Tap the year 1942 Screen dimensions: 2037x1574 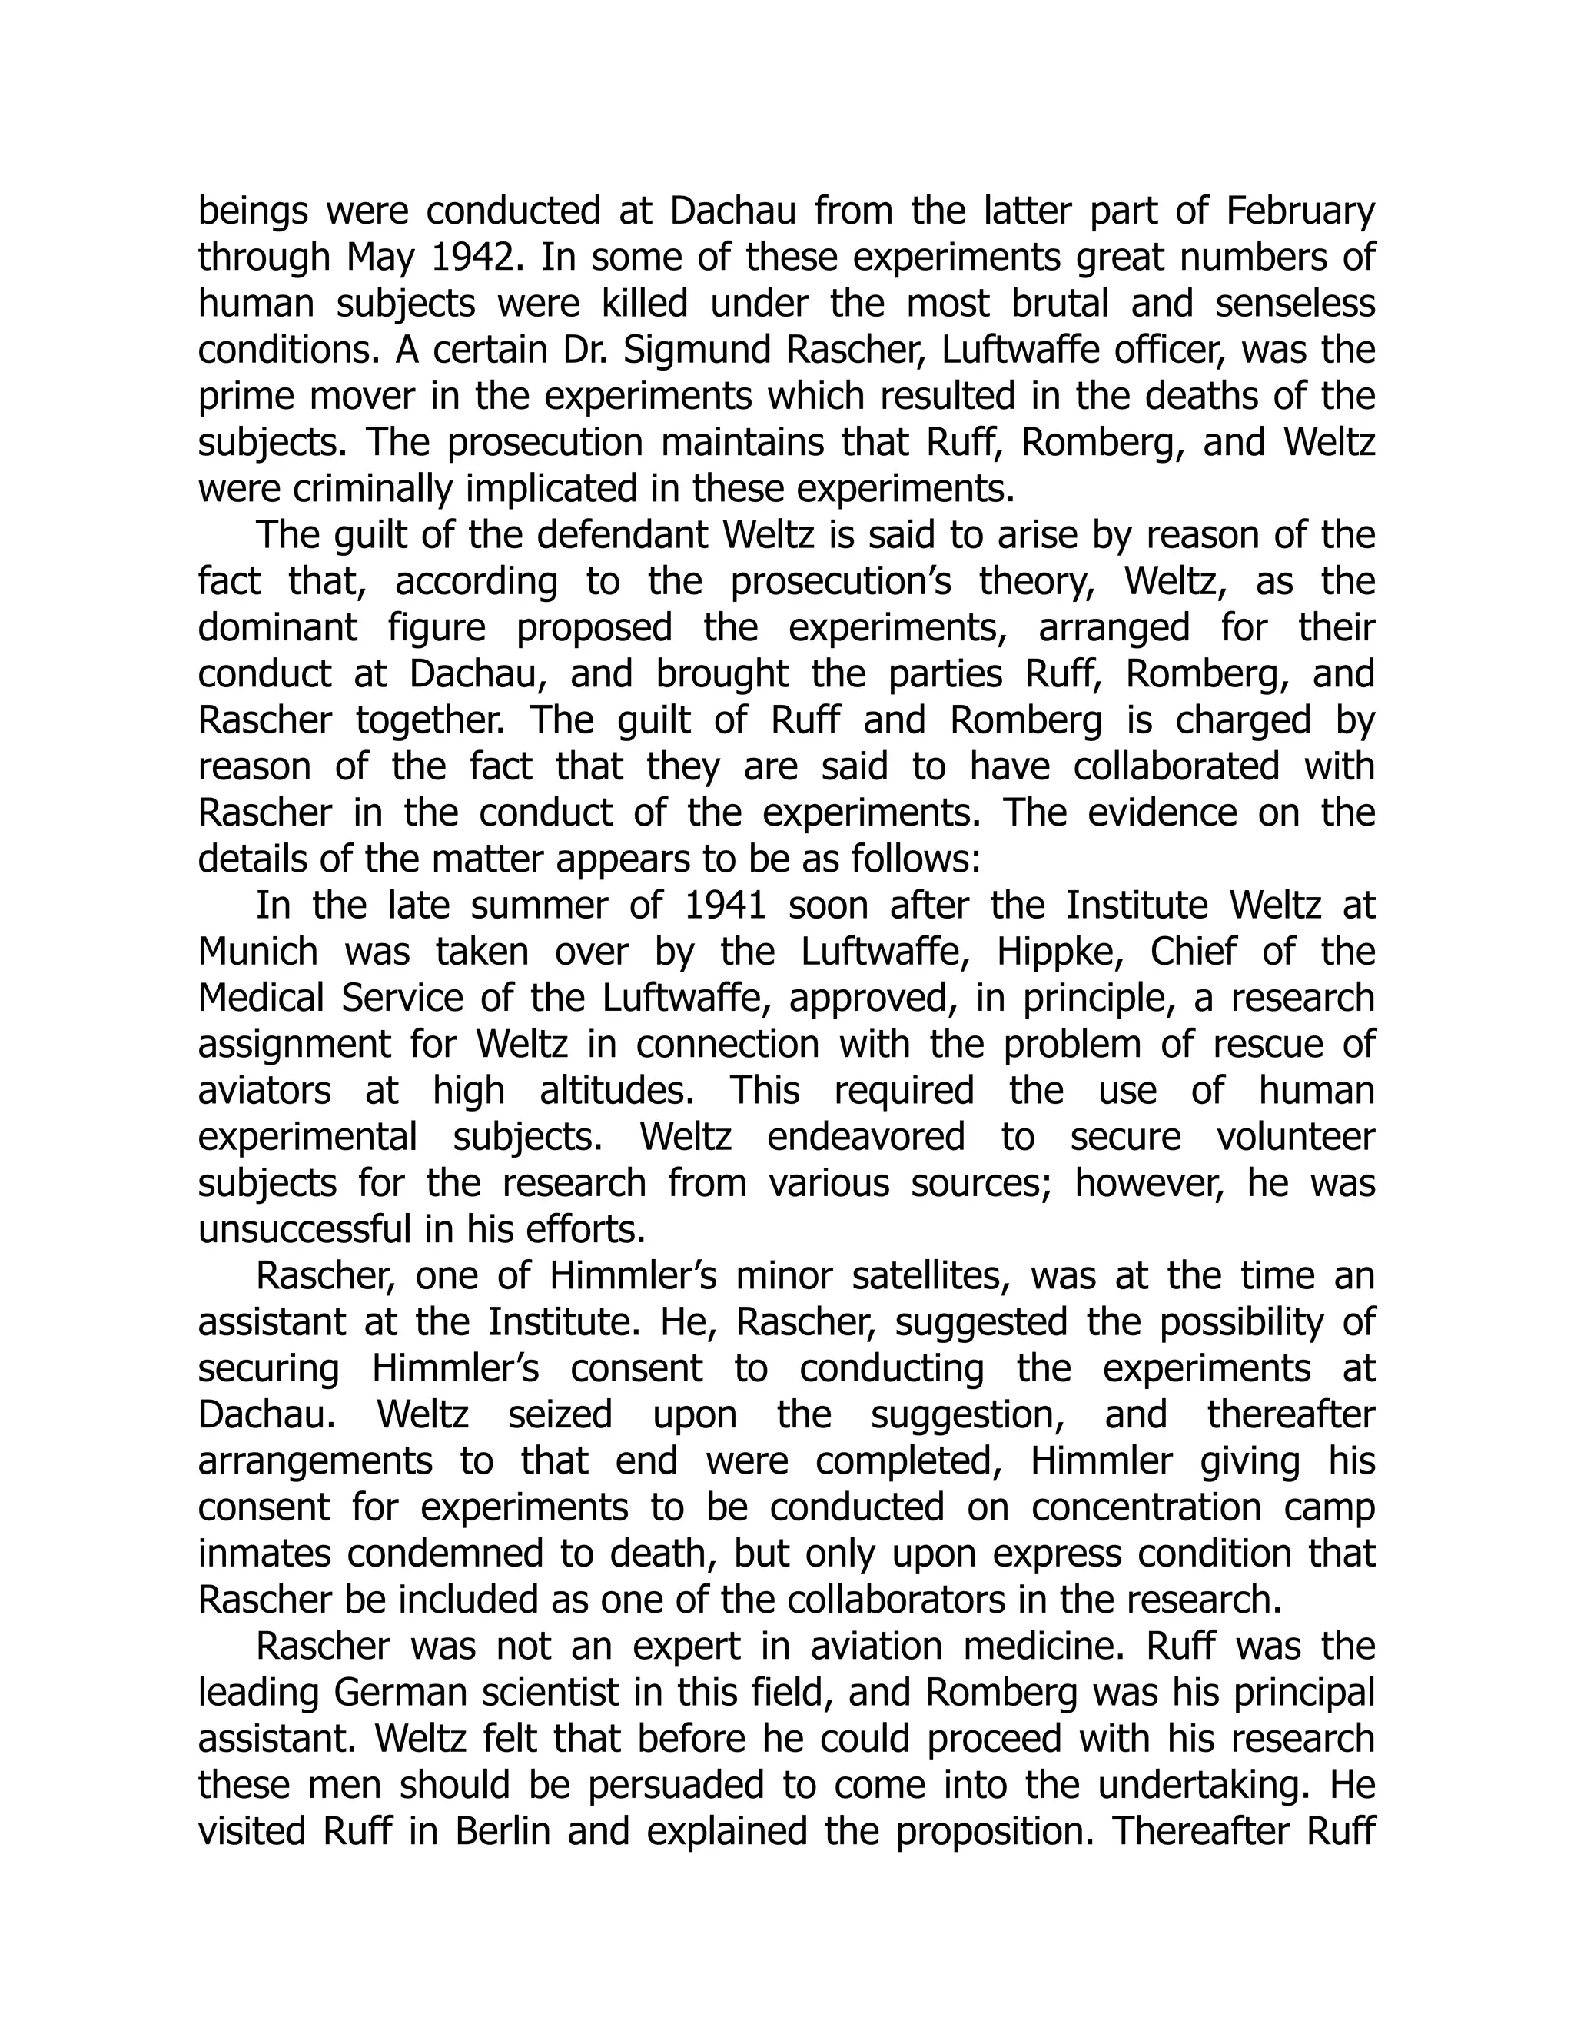pos(473,258)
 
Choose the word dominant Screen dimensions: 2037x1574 pos(277,628)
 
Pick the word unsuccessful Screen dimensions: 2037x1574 pos(305,1230)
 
